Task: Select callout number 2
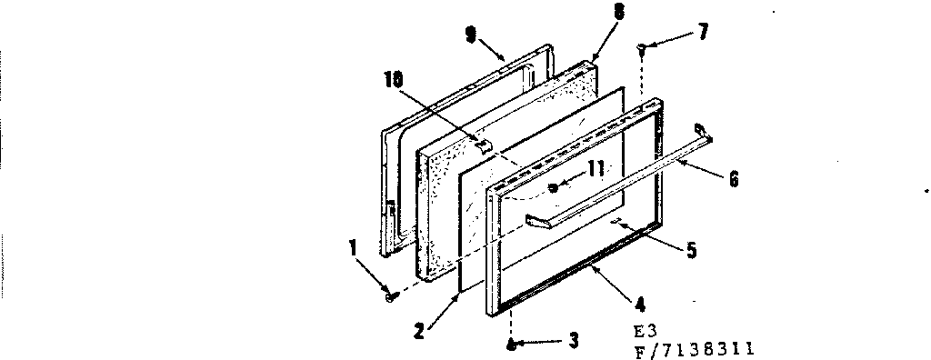(x=419, y=331)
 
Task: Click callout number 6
(x=733, y=180)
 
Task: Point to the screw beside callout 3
(x=512, y=344)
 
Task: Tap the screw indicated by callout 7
(x=643, y=45)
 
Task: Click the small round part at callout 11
(x=553, y=189)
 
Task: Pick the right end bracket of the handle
(x=703, y=133)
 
